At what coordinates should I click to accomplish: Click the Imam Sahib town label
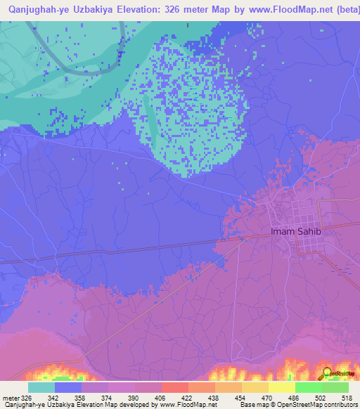click(x=295, y=232)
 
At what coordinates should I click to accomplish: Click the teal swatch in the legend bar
click(x=41, y=387)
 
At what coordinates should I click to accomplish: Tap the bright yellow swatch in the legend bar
click(x=282, y=387)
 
